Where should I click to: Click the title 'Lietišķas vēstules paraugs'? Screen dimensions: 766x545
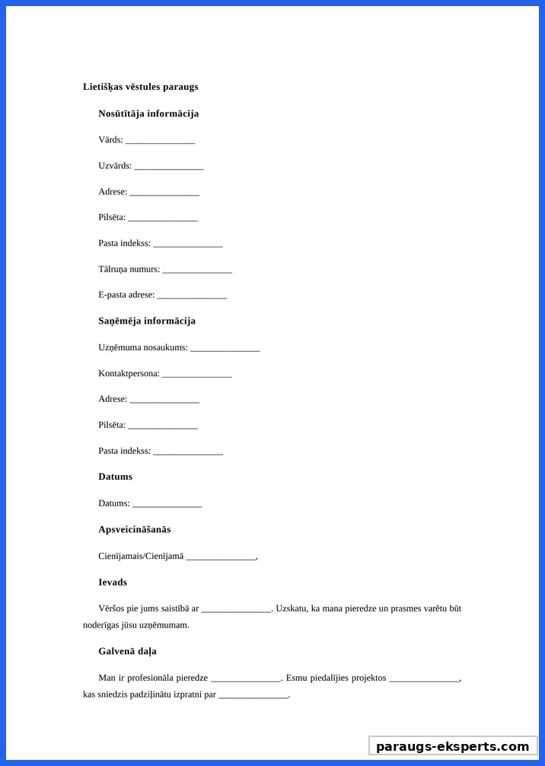tap(140, 87)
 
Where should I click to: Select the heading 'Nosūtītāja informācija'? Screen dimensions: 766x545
tap(148, 113)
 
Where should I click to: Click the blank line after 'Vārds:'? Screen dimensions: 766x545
tap(160, 141)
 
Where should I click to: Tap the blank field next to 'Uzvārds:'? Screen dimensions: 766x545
tap(168, 167)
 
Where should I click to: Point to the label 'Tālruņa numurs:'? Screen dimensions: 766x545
tap(129, 269)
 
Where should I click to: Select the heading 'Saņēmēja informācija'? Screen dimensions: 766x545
tap(147, 321)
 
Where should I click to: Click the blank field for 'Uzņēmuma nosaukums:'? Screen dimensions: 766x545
tap(225, 349)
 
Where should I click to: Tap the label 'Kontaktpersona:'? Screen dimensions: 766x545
tap(129, 373)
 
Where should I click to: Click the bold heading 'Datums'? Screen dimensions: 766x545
tap(115, 477)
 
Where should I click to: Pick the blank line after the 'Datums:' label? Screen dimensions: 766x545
tap(167, 504)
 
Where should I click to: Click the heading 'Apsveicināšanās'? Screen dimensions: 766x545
tap(134, 529)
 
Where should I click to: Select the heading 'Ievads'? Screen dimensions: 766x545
tap(113, 582)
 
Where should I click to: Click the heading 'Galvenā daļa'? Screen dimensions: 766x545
tap(127, 652)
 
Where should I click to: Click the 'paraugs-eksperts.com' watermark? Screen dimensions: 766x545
tap(452, 746)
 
